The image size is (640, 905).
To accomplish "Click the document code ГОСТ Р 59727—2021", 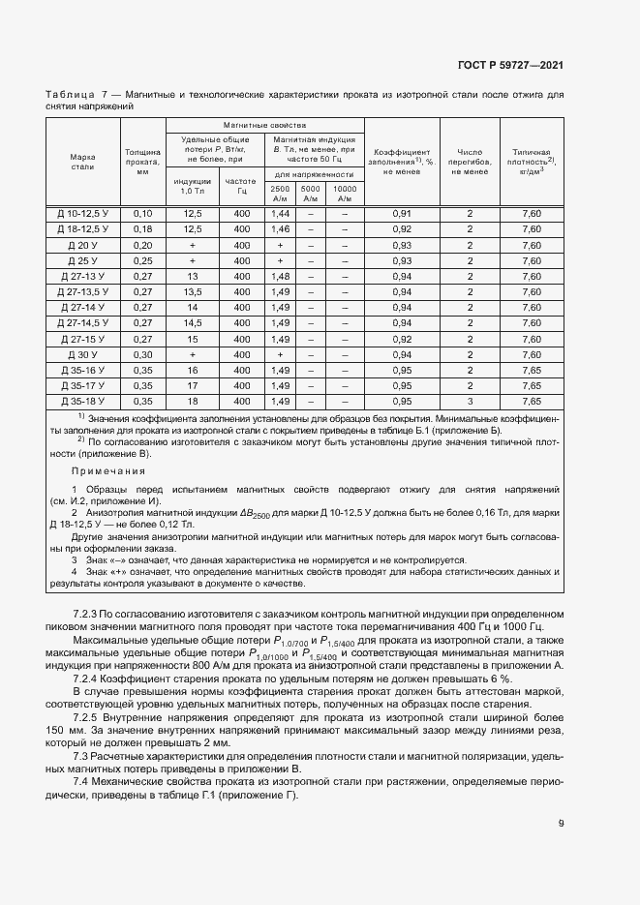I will (x=510, y=66).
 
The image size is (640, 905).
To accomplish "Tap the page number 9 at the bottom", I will (x=562, y=824).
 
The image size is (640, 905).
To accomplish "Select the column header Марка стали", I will (x=82, y=162).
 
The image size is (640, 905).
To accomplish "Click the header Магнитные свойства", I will (x=264, y=126).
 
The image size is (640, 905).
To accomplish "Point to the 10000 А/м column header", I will (x=344, y=194).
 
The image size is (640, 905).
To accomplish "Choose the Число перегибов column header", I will (x=470, y=162).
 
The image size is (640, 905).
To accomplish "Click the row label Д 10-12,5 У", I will (x=82, y=213).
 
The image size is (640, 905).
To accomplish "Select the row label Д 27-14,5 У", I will (x=82, y=322).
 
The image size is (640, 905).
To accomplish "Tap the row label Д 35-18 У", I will (x=82, y=401).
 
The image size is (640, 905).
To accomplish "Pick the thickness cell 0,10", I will (x=142, y=213).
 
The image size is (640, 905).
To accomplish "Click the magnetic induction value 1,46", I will (x=280, y=228).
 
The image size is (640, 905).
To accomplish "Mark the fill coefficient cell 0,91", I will (x=402, y=213).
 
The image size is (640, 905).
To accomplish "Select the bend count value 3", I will (x=470, y=401).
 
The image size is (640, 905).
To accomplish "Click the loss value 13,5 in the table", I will (x=192, y=291).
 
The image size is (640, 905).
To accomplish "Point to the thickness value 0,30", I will (x=142, y=354).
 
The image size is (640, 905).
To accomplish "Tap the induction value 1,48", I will (x=280, y=276).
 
